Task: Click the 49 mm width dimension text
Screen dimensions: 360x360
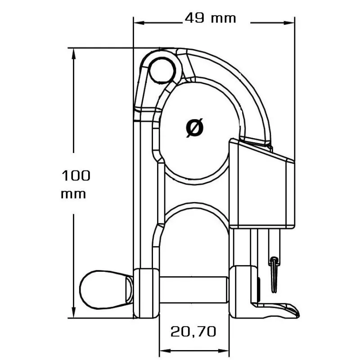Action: (x=210, y=18)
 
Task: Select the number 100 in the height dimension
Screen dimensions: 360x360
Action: (x=76, y=175)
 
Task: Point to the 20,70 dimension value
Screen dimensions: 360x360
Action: (x=193, y=332)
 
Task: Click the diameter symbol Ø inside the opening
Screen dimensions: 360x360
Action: (x=194, y=128)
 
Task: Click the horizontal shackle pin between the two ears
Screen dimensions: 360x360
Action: (x=193, y=288)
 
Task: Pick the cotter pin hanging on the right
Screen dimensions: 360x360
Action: (x=274, y=272)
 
